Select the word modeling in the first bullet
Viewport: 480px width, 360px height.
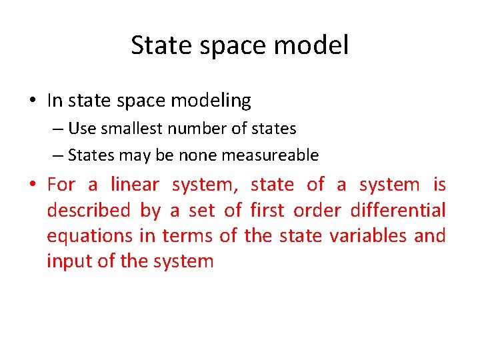(x=211, y=101)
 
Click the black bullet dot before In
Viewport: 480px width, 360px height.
(x=32, y=101)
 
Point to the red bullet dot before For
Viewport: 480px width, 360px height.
(x=32, y=185)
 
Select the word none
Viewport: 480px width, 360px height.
(x=199, y=155)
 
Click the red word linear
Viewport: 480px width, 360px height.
(x=135, y=184)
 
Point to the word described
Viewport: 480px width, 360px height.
(x=88, y=210)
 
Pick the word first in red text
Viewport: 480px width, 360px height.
(x=268, y=210)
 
